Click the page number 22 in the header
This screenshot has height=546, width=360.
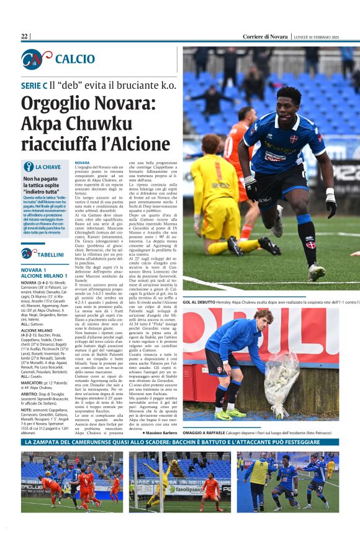click(x=24, y=37)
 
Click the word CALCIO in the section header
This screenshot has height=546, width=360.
click(x=74, y=59)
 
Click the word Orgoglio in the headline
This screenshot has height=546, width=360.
click(x=51, y=104)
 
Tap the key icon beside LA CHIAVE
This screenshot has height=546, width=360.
click(x=28, y=166)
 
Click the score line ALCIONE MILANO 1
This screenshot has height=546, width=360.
click(x=43, y=275)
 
